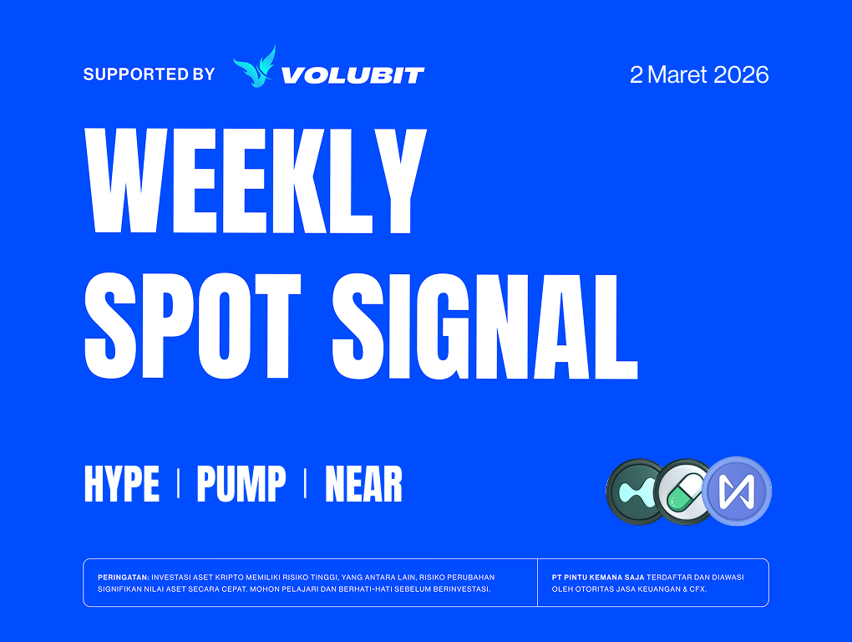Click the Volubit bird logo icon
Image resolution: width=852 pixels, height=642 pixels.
coord(254,66)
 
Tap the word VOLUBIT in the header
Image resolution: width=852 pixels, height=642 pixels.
coord(352,75)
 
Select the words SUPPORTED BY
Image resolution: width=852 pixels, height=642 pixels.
coord(149,74)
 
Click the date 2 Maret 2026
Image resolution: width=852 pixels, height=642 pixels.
coord(699,74)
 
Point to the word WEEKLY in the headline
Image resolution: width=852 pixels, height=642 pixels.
coord(256,181)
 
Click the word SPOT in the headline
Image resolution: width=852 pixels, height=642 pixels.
coord(192,326)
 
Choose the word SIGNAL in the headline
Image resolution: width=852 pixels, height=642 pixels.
coord(484,326)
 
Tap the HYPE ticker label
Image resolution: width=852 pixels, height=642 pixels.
coord(122,484)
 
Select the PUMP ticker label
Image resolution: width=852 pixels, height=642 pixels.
coord(241,484)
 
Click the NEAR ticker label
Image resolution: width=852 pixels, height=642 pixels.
coord(363,484)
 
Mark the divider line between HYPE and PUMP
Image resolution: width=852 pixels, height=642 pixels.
coord(178,484)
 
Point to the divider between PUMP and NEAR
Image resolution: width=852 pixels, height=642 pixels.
coord(305,484)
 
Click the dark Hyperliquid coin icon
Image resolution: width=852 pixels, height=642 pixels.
coord(636,492)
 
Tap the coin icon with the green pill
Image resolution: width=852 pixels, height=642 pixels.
coord(683,492)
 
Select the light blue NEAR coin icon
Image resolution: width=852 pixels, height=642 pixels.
coord(737,491)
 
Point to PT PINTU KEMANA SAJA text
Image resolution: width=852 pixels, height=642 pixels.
coord(598,578)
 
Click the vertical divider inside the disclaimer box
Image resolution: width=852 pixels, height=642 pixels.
coord(537,582)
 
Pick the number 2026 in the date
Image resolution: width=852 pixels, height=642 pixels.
coord(741,74)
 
